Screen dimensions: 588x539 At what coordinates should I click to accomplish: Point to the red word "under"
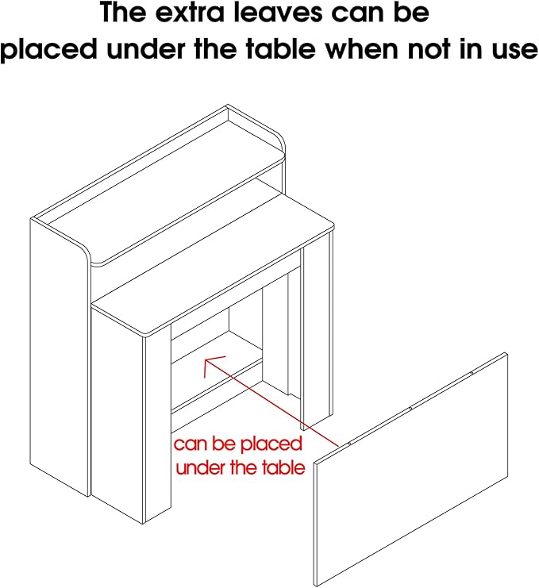tap(199, 468)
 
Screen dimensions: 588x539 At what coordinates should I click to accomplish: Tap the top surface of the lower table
tap(214, 270)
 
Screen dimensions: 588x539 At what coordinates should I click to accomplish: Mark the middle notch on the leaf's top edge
tap(411, 408)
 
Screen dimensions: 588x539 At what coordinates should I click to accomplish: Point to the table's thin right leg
tap(325, 333)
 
